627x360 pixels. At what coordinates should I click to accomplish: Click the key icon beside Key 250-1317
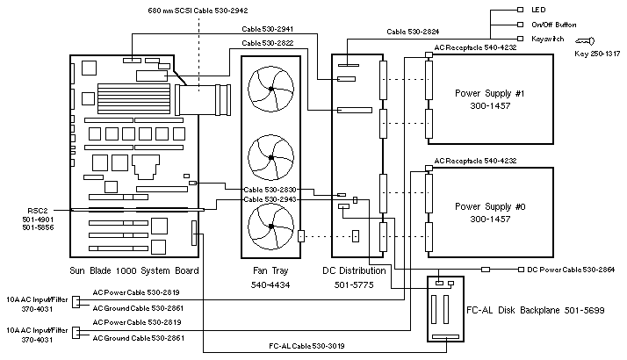(x=586, y=40)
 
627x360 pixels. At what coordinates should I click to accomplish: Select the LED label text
(x=535, y=10)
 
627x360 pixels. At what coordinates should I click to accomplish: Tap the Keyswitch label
(x=547, y=39)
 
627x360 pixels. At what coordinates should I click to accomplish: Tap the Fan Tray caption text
(x=270, y=271)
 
